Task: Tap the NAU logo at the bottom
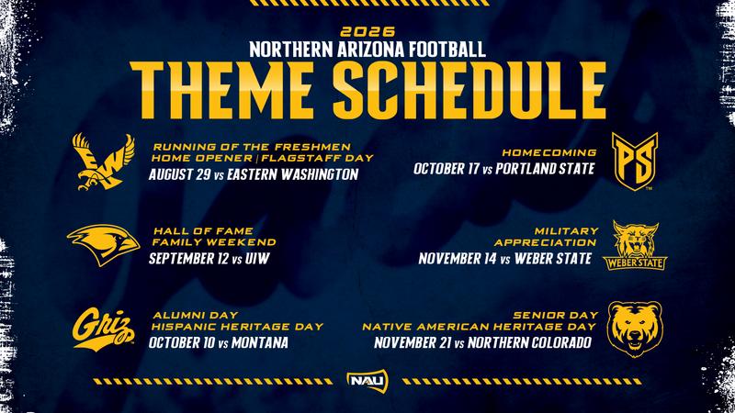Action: click(x=367, y=379)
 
